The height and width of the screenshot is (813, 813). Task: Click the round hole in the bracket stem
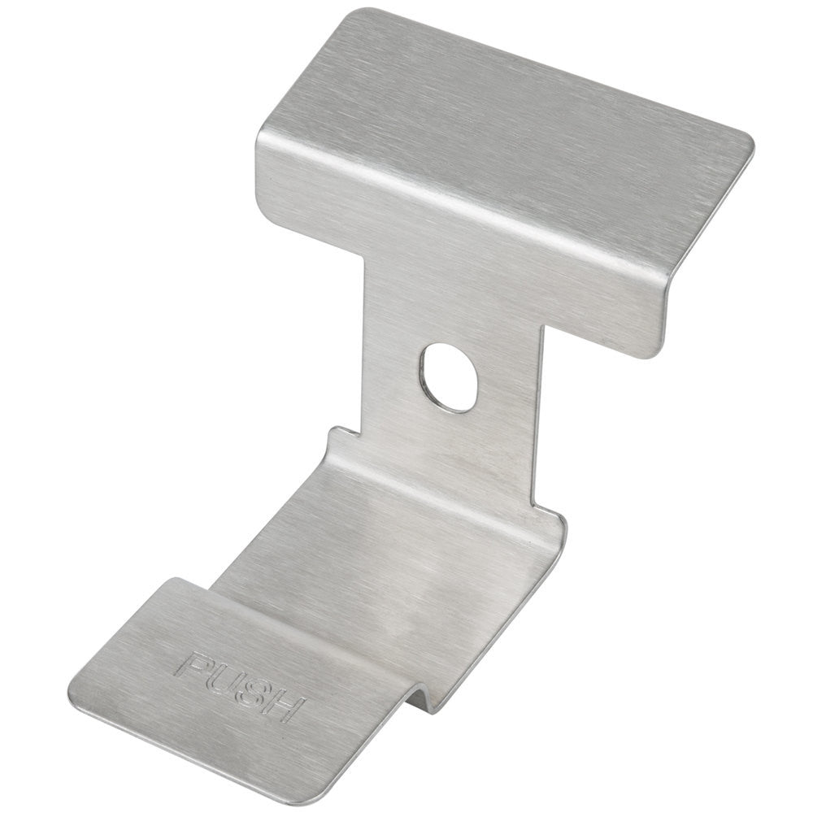click(450, 377)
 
